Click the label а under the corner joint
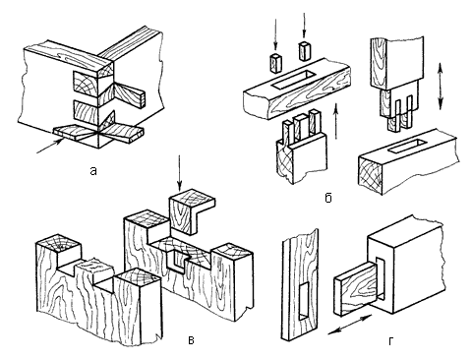pyautogui.click(x=93, y=171)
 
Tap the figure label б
pyautogui.click(x=328, y=198)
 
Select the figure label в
pyautogui.click(x=192, y=340)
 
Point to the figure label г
pyautogui.click(x=390, y=341)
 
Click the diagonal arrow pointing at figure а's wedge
pyautogui.click(x=50, y=147)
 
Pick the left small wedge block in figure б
pyautogui.click(x=274, y=62)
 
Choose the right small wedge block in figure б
pyautogui.click(x=305, y=51)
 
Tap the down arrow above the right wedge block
pyautogui.click(x=304, y=25)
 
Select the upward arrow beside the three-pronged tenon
pyautogui.click(x=336, y=121)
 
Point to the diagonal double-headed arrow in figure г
pyautogui.click(x=350, y=325)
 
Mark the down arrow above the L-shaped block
pyautogui.click(x=179, y=174)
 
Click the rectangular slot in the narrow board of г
pyautogui.click(x=304, y=301)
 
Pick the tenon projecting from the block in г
pyautogui.click(x=357, y=288)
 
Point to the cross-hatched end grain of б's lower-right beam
pyautogui.click(x=371, y=174)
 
